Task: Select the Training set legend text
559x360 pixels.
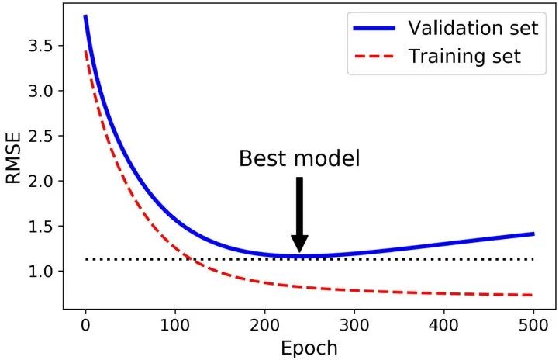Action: tap(464, 57)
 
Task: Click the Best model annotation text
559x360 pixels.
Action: tap(299, 159)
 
